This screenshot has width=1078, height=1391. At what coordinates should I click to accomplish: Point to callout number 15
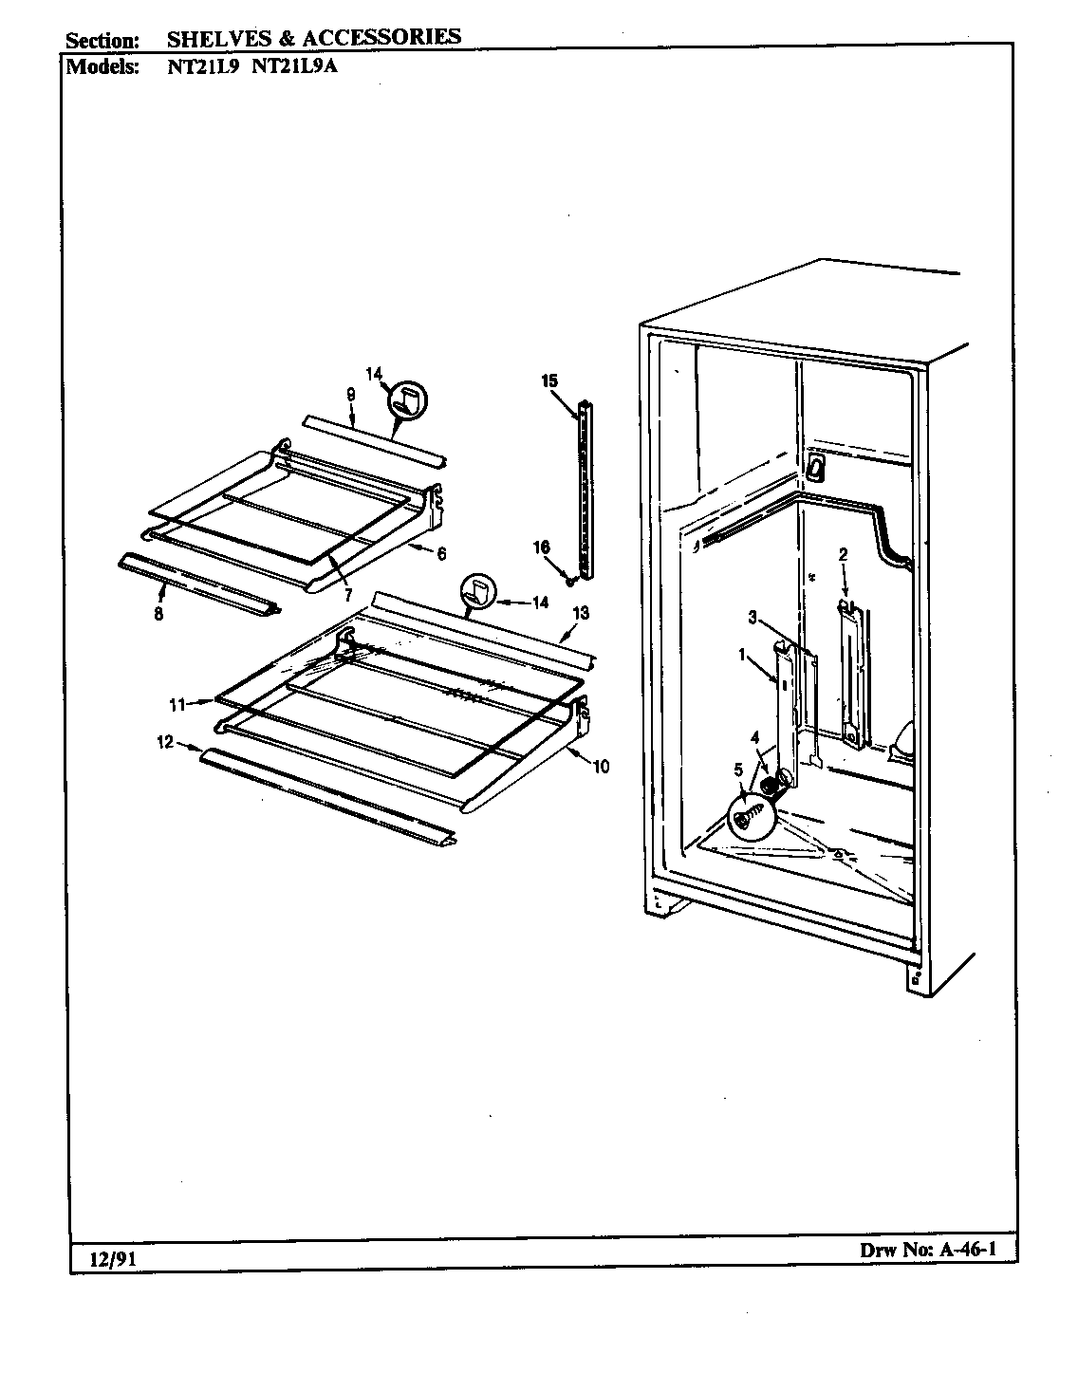[549, 380]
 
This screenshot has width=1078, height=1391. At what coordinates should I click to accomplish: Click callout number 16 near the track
[540, 547]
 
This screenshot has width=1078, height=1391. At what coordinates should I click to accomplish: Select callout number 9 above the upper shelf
[350, 393]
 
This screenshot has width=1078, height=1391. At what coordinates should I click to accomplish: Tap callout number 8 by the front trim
[158, 614]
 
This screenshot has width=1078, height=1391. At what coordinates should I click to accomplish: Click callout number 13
[580, 613]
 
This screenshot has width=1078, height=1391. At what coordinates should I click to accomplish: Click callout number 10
[601, 767]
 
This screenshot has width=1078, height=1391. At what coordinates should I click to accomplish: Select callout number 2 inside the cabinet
[842, 554]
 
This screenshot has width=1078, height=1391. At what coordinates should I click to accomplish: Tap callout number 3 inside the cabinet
[752, 618]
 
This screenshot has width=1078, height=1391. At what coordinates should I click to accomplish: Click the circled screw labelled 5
[753, 814]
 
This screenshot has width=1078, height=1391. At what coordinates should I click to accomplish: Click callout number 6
[441, 554]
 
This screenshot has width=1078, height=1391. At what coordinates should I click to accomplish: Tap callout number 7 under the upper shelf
[348, 596]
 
